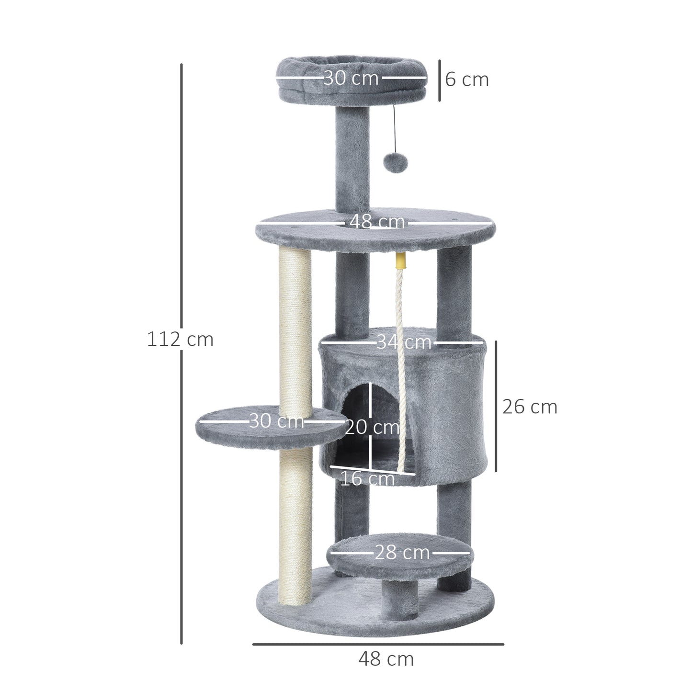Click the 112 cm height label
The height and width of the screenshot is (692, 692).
pyautogui.click(x=180, y=340)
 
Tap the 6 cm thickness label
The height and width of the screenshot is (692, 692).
pyautogui.click(x=466, y=79)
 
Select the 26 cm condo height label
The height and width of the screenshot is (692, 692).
pyautogui.click(x=530, y=407)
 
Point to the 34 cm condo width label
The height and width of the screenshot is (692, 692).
pyautogui.click(x=403, y=342)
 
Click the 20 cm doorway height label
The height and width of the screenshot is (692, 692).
pyautogui.click(x=372, y=427)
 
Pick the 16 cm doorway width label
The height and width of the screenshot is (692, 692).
pyautogui.click(x=367, y=478)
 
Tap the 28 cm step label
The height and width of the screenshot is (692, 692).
pyautogui.click(x=402, y=553)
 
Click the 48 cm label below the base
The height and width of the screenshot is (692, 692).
pyautogui.click(x=386, y=659)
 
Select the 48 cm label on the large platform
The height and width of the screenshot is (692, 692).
pyautogui.click(x=377, y=222)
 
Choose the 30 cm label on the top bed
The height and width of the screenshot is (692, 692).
pyautogui.click(x=351, y=78)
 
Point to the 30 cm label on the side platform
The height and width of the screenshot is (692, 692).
pyautogui.click(x=276, y=421)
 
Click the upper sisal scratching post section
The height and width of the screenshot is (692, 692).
pyautogui.click(x=295, y=326)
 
